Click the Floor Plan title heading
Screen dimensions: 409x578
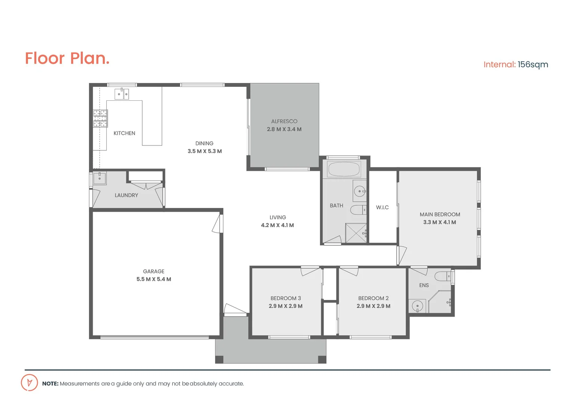67,58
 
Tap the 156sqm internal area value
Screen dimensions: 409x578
533,64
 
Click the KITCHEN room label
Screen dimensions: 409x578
124,133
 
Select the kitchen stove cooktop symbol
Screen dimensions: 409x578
100,118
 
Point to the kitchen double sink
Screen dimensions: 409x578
122,94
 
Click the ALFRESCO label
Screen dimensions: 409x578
284,121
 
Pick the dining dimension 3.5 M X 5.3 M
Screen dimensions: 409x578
204,151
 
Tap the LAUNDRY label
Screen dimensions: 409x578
126,195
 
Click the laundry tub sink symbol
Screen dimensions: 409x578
100,178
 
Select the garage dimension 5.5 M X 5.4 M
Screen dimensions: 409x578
154,279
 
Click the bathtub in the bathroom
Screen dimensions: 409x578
344,169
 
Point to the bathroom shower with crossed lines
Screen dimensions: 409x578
356,233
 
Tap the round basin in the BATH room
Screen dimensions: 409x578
359,191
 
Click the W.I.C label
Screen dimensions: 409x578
382,208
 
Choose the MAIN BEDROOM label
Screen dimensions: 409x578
440,214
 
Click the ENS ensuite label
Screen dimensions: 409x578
424,285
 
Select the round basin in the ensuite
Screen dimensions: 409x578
418,306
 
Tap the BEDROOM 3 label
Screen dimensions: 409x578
286,298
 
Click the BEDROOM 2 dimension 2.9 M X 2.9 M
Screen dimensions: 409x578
373,306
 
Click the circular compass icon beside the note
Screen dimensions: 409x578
29,382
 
